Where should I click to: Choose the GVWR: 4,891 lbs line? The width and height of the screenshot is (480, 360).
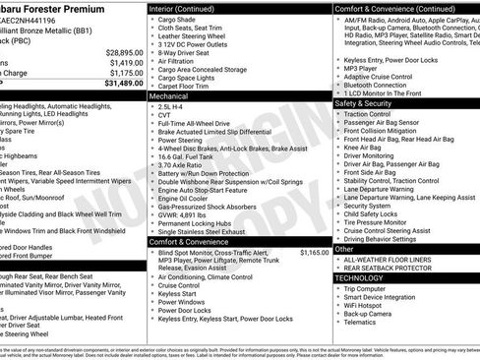[x=187, y=213]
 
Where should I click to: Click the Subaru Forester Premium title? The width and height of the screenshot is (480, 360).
[x=58, y=6]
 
